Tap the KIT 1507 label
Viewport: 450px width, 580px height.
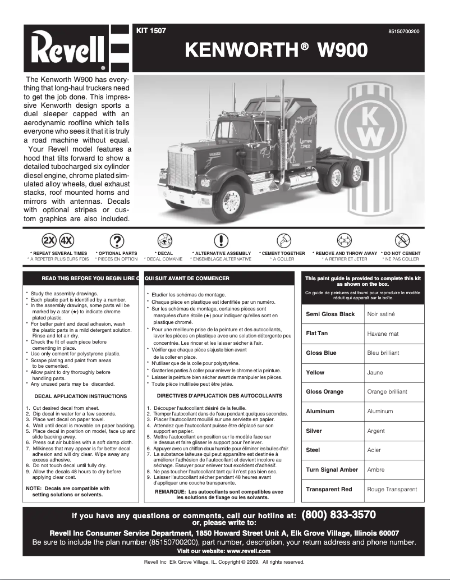[x=151, y=31]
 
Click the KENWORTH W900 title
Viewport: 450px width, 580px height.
[x=276, y=51]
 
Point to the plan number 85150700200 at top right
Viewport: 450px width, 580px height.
[x=403, y=31]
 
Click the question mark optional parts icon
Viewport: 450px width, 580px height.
[x=116, y=241]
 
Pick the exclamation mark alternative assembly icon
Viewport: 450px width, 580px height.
[x=222, y=241]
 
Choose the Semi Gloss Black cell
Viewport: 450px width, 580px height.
[x=330, y=314]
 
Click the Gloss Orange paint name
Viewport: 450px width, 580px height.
[x=324, y=392]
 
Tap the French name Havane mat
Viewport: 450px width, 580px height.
[x=383, y=334]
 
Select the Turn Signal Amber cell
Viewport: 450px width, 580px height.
[x=332, y=469]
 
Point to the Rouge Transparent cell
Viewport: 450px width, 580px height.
[x=392, y=489]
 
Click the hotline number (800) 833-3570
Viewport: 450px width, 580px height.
[x=338, y=515]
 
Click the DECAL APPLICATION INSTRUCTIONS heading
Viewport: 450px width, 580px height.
[x=81, y=396]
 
